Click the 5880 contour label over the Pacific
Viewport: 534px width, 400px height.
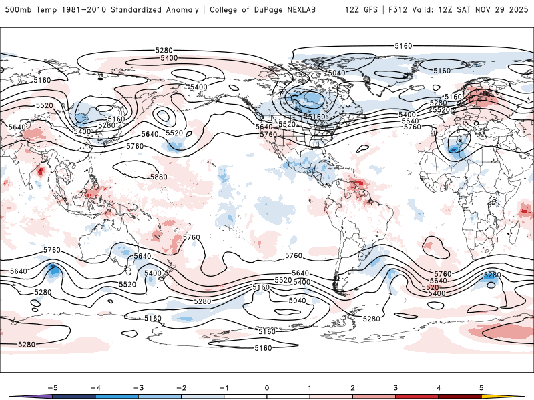pyautogui.click(x=158, y=177)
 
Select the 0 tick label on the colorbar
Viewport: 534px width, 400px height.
pyautogui.click(x=266, y=387)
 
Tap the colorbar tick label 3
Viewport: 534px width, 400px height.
pyautogui.click(x=395, y=387)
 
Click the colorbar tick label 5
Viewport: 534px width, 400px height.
pyautogui.click(x=481, y=387)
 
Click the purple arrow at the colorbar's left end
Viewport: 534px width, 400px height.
pyautogui.click(x=20, y=397)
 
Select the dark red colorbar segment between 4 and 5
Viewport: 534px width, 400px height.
pyautogui.click(x=460, y=397)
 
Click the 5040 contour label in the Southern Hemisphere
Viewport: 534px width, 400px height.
pyautogui.click(x=297, y=301)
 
